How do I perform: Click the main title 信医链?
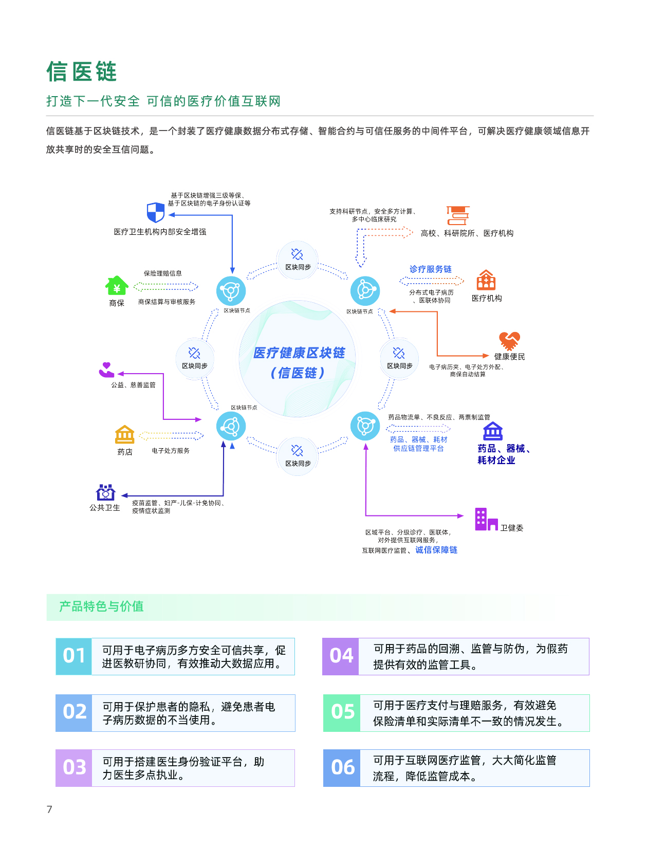(82, 71)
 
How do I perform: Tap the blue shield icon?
(155, 212)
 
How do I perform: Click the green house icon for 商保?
(117, 286)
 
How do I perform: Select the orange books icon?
(458, 216)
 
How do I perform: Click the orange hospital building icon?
(486, 280)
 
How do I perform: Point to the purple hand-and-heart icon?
(106, 370)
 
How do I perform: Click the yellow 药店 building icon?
(124, 435)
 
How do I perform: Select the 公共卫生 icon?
(105, 492)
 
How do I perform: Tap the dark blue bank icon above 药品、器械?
(493, 431)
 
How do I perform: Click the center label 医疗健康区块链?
(299, 353)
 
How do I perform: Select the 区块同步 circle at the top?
(298, 260)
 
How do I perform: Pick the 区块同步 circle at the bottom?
(298, 456)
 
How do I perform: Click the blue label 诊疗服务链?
(430, 269)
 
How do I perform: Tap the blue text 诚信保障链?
(436, 550)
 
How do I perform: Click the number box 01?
(74, 656)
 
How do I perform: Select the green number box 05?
(342, 713)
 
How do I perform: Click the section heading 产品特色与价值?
(101, 606)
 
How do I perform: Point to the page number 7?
(49, 809)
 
